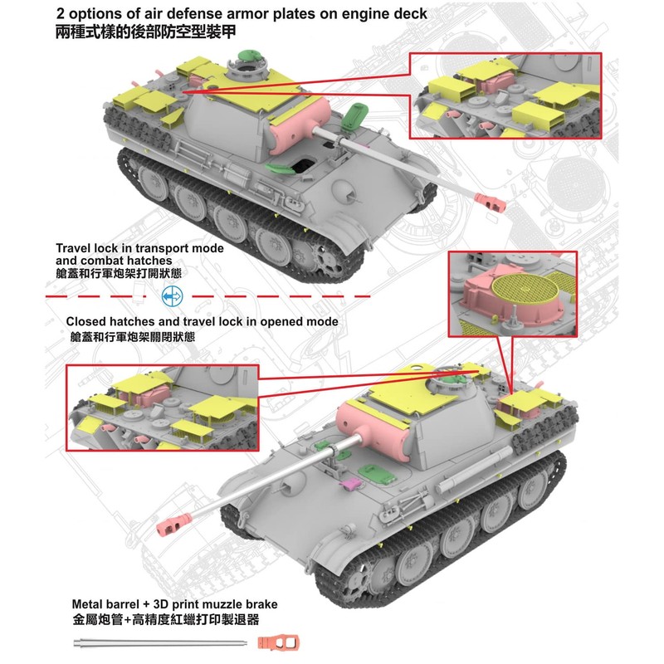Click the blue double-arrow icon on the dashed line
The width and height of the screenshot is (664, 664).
172,295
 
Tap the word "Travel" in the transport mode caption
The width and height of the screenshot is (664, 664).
75,248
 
